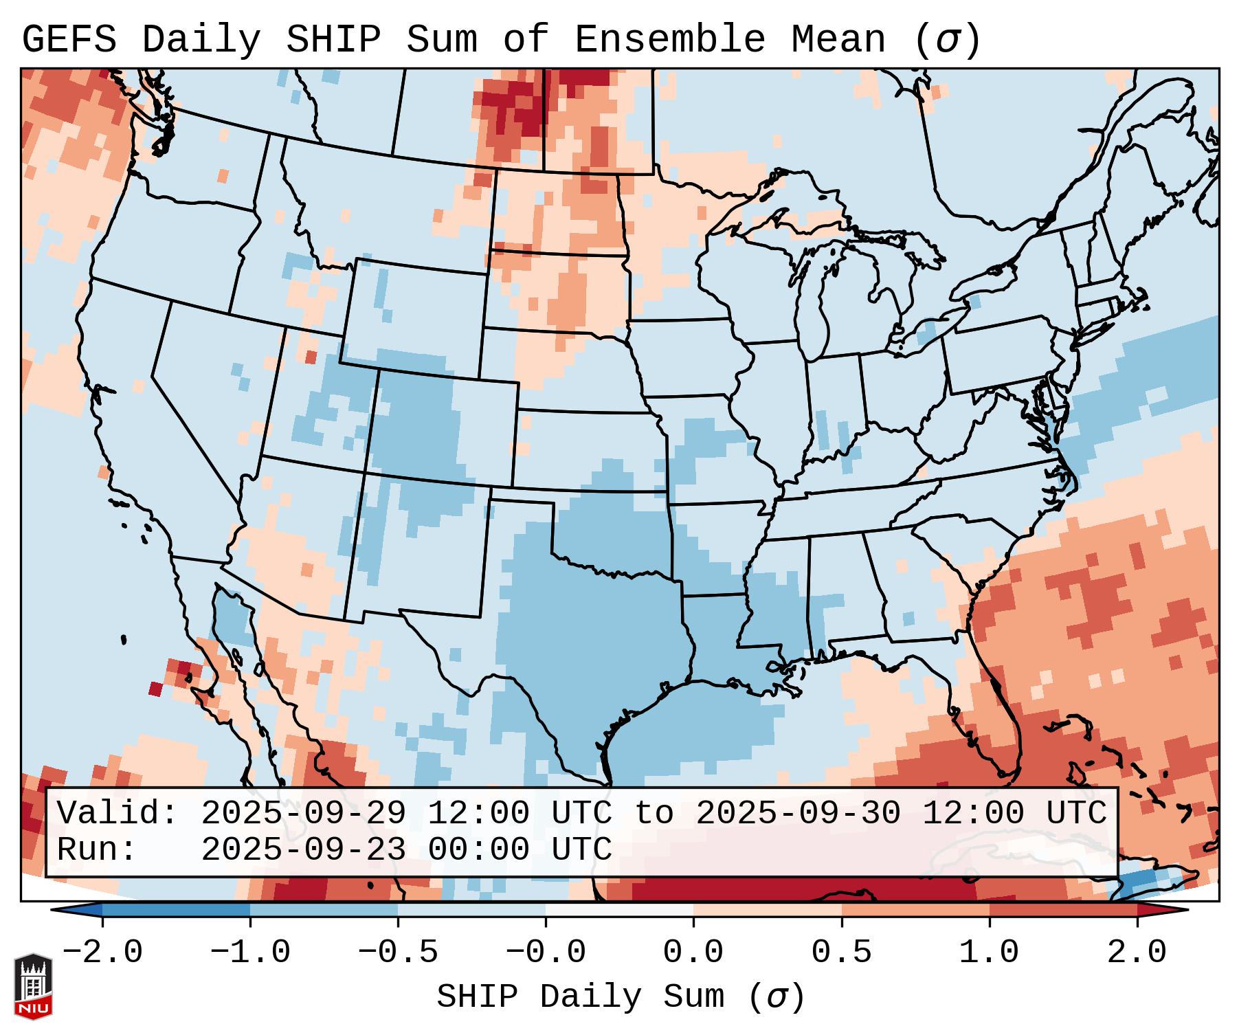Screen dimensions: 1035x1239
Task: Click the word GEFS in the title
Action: (69, 40)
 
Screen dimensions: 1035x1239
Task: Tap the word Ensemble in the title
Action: (669, 40)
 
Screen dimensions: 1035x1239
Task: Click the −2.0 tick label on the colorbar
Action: (102, 953)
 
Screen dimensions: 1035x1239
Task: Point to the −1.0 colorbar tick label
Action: (250, 953)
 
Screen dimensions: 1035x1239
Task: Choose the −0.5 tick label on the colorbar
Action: (398, 953)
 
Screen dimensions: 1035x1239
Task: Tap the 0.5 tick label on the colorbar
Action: (842, 953)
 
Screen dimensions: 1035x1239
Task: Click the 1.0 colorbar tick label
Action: (990, 953)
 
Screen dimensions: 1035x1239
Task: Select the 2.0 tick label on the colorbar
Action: (1137, 953)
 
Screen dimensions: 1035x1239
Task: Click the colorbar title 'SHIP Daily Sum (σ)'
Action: (620, 997)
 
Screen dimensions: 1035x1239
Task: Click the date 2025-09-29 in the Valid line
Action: (303, 814)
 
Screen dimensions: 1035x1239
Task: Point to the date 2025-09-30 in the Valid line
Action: (798, 814)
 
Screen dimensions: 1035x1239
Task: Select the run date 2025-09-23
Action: (303, 849)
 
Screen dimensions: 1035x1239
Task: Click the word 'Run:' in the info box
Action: (98, 849)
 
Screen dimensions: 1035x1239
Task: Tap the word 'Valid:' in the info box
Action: (118, 814)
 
